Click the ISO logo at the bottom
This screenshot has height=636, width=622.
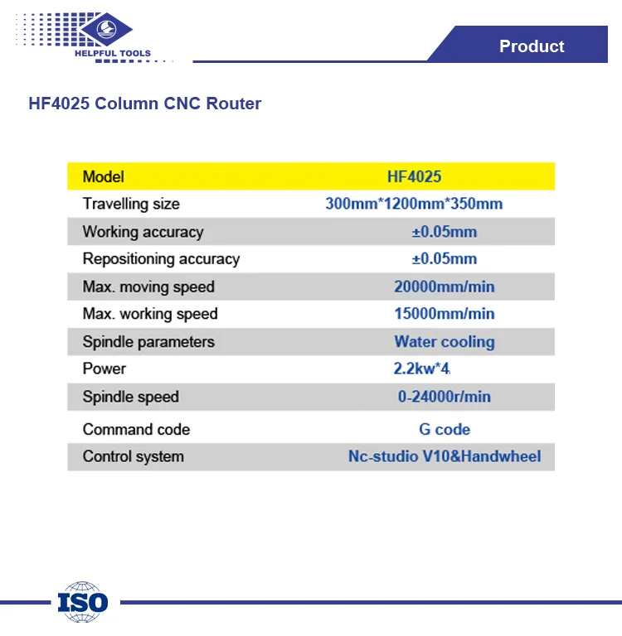[83, 601]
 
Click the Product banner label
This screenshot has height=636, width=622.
[532, 46]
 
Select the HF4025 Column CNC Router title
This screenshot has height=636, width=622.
[145, 104]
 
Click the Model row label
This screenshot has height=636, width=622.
[103, 176]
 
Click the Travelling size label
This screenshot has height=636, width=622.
[131, 204]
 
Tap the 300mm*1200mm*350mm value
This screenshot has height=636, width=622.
[414, 204]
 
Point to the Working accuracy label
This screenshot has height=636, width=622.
[143, 232]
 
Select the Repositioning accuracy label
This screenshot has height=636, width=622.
[161, 259]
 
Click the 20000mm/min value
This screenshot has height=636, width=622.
[445, 287]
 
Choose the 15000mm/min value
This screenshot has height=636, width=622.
[445, 314]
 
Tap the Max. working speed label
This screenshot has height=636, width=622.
[150, 314]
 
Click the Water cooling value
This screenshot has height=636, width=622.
[445, 341]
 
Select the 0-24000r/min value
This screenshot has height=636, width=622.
[445, 397]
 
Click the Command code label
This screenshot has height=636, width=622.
[136, 430]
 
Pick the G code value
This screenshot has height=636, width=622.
[445, 430]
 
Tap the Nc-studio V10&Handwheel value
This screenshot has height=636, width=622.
[445, 456]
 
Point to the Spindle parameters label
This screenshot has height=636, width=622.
[148, 342]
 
